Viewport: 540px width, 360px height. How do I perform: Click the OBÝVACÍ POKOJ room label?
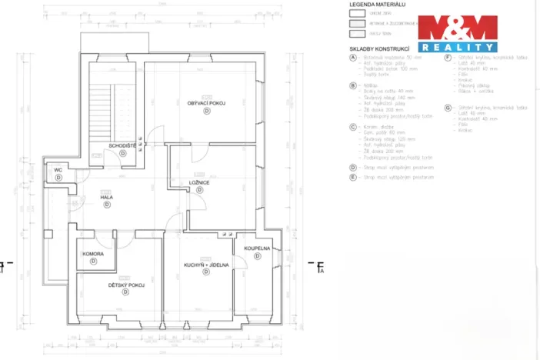click(206, 102)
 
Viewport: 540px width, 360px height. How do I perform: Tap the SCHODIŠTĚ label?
click(122, 145)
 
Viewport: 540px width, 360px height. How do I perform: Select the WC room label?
click(58, 169)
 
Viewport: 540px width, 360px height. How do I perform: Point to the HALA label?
click(107, 197)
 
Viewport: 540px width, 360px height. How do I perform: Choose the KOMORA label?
click(93, 253)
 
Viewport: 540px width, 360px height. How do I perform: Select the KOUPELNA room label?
click(257, 248)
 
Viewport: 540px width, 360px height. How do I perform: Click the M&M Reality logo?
click(457, 32)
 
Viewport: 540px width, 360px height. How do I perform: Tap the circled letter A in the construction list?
click(352, 58)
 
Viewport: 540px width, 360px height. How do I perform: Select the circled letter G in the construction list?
click(448, 108)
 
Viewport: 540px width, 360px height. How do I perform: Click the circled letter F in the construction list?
click(448, 58)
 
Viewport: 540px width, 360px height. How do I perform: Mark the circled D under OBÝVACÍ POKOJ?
click(206, 112)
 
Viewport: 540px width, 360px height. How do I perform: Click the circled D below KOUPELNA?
click(257, 257)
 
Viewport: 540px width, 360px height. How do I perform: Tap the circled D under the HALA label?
click(107, 205)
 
